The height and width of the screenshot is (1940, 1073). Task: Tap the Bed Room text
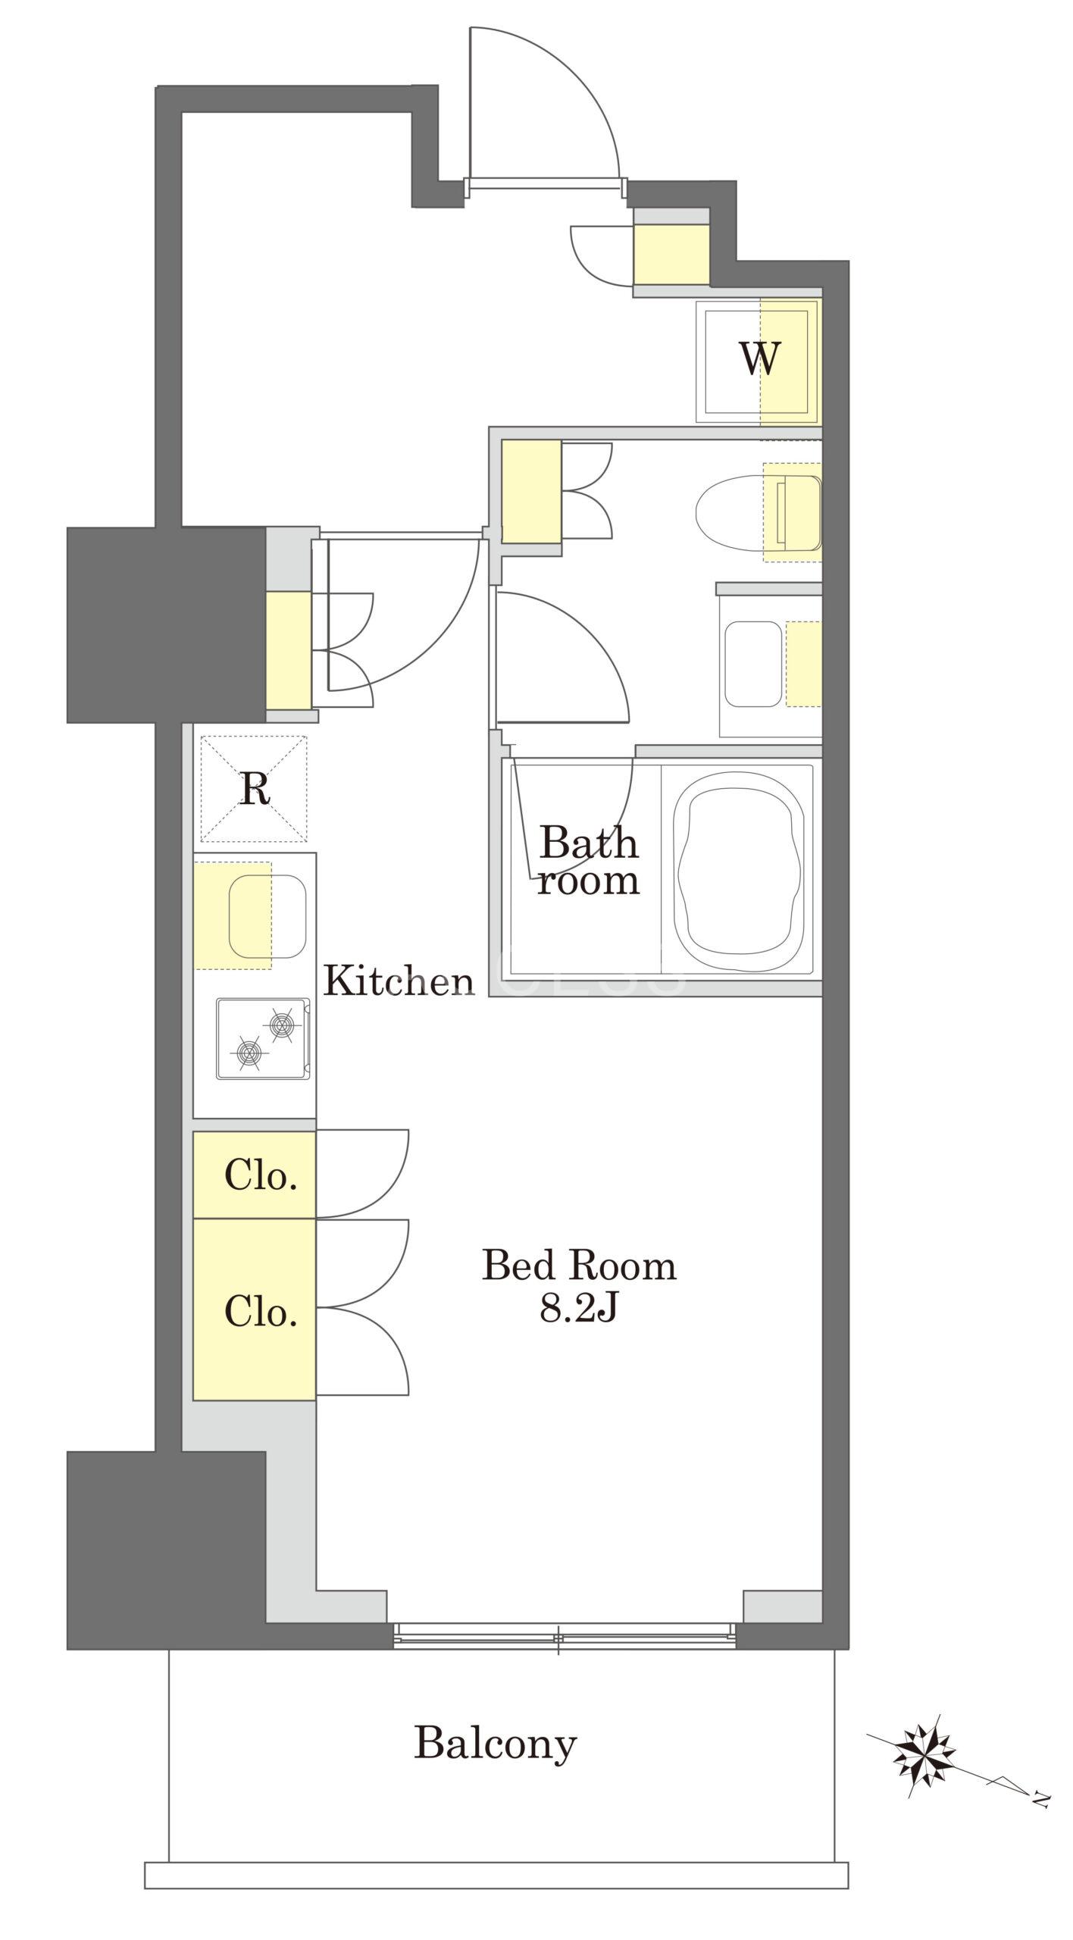point(579,1266)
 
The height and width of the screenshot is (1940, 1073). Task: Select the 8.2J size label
point(579,1310)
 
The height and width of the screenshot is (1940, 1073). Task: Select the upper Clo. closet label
point(260,1177)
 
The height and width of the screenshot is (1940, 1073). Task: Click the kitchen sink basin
point(267,915)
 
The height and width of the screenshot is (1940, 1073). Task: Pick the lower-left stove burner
point(248,1052)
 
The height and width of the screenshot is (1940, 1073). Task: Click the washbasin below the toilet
point(753,665)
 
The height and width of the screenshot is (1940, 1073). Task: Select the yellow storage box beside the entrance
point(671,255)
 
